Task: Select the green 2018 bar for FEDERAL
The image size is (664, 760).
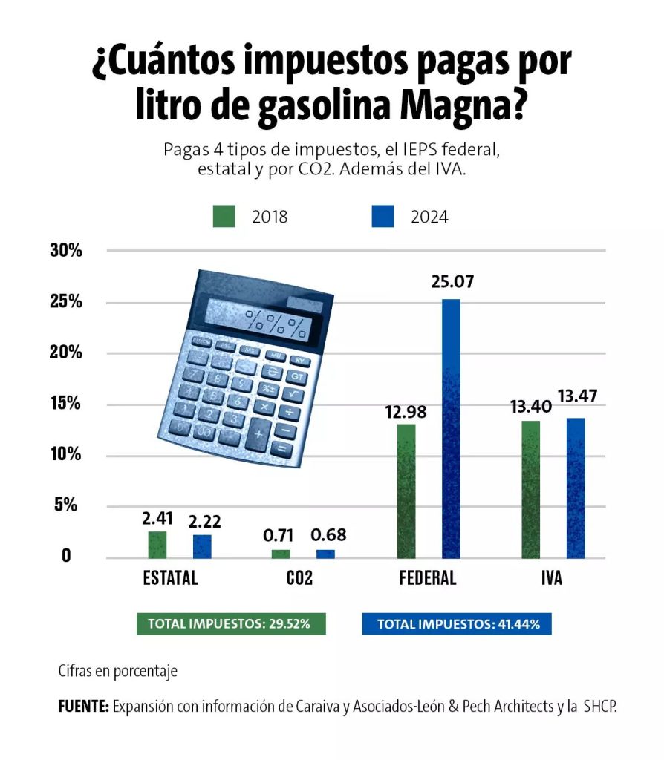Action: point(406,491)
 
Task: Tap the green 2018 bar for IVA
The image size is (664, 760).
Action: point(530,489)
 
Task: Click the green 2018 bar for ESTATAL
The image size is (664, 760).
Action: point(157,545)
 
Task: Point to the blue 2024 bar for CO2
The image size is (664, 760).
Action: point(325,554)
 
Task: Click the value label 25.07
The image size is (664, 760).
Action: point(452,283)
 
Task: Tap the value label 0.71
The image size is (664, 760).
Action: point(280,535)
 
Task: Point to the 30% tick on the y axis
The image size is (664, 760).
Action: point(65,250)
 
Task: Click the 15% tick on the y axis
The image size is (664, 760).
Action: point(65,404)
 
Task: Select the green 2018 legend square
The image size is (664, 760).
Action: point(224,216)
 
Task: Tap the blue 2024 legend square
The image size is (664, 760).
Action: point(382,216)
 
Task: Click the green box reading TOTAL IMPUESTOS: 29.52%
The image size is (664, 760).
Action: point(231,623)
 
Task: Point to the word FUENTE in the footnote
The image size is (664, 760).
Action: point(84,707)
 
